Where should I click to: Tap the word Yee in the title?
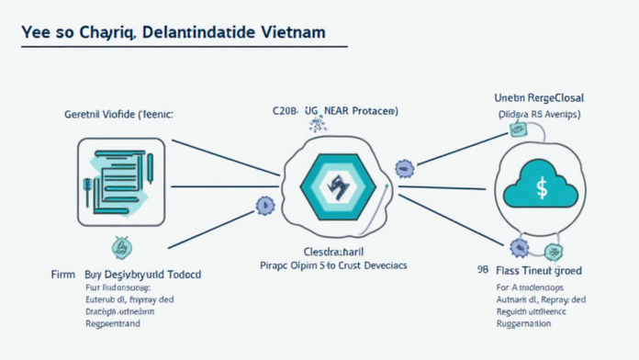tap(36, 32)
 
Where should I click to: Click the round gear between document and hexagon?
tap(265, 205)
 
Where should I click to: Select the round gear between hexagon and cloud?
tap(403, 168)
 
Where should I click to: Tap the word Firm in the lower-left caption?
tap(63, 274)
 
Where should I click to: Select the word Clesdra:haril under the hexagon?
tap(335, 250)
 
